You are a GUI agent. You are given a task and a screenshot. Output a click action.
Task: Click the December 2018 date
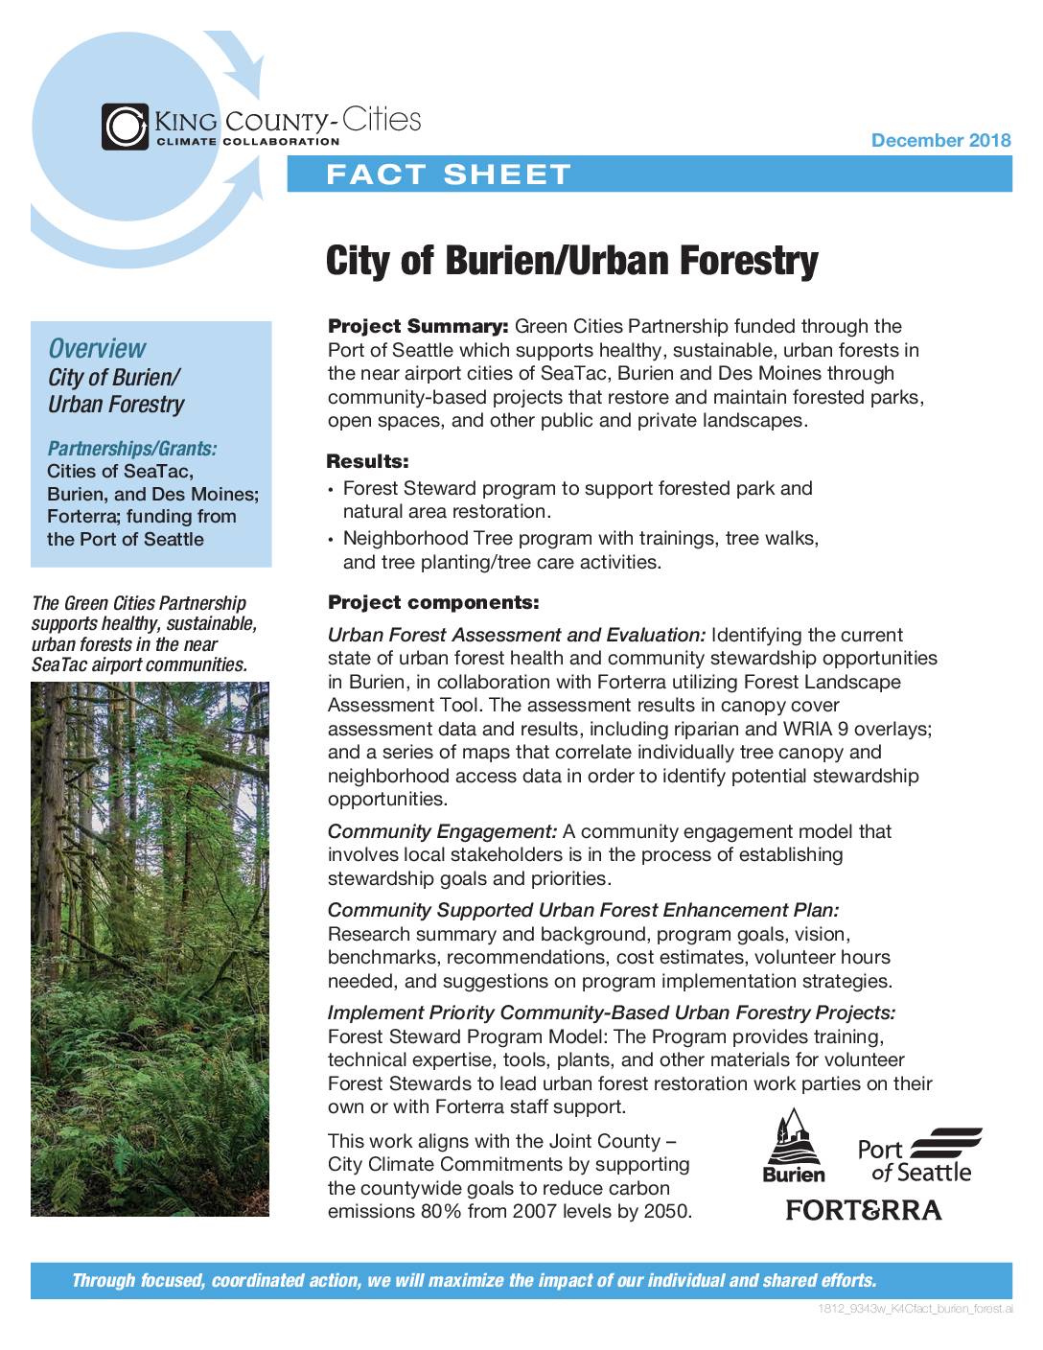940,141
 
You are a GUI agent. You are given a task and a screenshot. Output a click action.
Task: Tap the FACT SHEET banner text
449,175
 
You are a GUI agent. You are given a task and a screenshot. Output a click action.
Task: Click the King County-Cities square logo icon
125,127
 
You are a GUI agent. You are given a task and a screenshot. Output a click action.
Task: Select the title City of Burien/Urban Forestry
571,260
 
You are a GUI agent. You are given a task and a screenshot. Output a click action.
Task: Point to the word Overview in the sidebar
97,348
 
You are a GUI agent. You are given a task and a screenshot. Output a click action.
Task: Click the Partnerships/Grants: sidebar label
132,448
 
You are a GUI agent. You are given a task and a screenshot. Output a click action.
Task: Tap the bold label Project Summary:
418,327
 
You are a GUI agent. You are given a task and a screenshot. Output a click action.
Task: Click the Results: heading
367,462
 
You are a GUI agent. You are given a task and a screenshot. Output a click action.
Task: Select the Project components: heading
433,603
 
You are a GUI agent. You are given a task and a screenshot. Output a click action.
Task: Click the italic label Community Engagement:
442,831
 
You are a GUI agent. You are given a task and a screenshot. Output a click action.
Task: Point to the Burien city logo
793,1146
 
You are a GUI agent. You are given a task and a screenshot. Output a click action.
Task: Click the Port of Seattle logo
919,1155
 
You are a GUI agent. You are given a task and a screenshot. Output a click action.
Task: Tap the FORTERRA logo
864,1210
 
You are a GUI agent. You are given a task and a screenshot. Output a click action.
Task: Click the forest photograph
150,949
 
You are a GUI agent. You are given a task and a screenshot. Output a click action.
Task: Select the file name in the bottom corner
916,1309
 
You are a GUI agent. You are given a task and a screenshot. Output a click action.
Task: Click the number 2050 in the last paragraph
666,1211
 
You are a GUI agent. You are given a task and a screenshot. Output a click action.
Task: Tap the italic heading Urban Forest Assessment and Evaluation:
517,635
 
